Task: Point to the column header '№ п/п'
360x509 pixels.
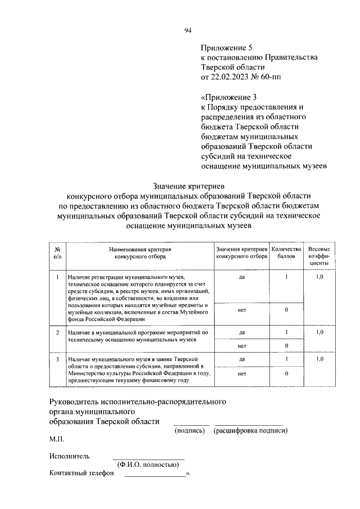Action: click(57, 252)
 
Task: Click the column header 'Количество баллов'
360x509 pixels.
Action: click(286, 252)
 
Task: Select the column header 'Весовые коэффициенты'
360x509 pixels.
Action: click(319, 255)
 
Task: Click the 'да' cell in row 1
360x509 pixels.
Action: click(241, 277)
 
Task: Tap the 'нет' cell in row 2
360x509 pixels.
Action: click(241, 345)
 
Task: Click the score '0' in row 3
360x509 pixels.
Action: click(286, 373)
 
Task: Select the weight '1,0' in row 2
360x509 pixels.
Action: click(319, 332)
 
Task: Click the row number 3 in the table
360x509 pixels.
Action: click(57, 358)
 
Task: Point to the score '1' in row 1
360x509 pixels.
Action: click(286, 277)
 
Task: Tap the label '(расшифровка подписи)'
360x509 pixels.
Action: click(250, 431)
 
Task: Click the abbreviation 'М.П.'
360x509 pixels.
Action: click(57, 438)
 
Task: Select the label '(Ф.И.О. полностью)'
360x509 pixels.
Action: click(148, 465)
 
